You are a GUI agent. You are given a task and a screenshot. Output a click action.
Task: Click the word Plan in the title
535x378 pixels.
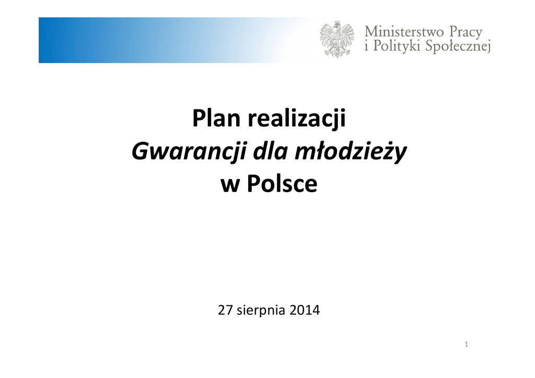pyautogui.click(x=216, y=118)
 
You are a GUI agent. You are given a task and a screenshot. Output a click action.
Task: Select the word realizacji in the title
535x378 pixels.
pyautogui.click(x=297, y=119)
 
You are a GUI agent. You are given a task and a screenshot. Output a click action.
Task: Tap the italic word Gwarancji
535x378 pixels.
pyautogui.click(x=188, y=152)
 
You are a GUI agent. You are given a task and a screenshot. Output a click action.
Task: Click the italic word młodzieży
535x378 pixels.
pyautogui.click(x=351, y=152)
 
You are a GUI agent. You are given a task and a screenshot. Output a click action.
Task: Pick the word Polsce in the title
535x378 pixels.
pyautogui.click(x=282, y=184)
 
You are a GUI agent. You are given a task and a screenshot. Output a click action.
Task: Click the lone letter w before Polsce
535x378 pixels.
pyautogui.click(x=229, y=186)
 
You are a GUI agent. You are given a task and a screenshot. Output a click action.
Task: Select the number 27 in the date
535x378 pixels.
pyautogui.click(x=225, y=310)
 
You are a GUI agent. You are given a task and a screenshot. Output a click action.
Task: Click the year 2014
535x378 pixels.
pyautogui.click(x=305, y=310)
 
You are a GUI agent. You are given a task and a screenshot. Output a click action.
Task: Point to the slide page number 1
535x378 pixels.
pyautogui.click(x=467, y=345)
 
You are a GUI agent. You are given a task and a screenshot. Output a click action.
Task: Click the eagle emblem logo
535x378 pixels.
pyautogui.click(x=337, y=39)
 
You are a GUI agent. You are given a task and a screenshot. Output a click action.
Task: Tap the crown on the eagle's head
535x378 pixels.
pyautogui.click(x=338, y=23)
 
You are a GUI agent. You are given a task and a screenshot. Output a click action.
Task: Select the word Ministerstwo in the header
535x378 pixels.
pyautogui.click(x=404, y=32)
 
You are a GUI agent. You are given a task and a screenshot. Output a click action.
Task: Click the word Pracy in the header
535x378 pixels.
pyautogui.click(x=466, y=32)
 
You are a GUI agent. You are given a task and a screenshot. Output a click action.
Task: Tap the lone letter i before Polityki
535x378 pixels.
pyautogui.click(x=367, y=45)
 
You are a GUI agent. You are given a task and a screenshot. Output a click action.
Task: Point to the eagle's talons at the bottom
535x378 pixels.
pyautogui.click(x=337, y=53)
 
